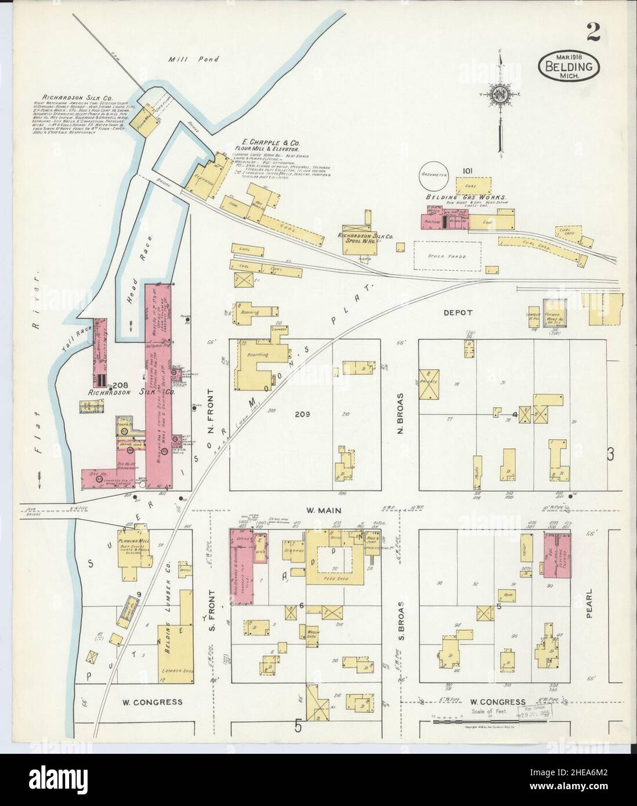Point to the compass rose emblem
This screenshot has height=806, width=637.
[x=501, y=95]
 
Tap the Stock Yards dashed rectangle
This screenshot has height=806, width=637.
[x=447, y=256]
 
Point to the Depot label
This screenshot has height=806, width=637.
[x=458, y=312]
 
